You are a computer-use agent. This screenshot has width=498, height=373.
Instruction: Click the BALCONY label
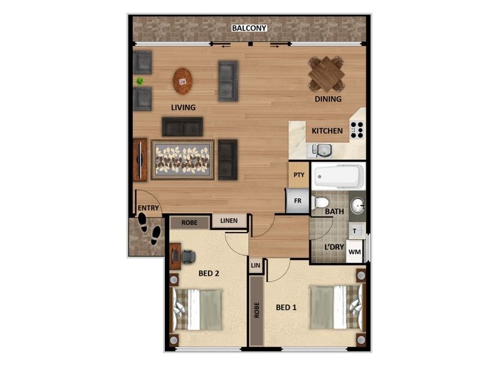pyautogui.click(x=249, y=28)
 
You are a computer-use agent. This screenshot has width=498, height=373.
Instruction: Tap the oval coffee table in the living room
pyautogui.click(x=182, y=81)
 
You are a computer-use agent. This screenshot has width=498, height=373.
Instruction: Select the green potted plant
pyautogui.click(x=140, y=81)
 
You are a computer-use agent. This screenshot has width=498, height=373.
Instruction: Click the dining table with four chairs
pyautogui.click(x=327, y=74)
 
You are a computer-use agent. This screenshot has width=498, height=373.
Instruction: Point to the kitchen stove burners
pyautogui.click(x=357, y=130)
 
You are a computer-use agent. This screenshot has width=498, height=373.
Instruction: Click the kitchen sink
pyautogui.click(x=322, y=150)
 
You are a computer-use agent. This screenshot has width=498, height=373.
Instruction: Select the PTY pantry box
pyautogui.click(x=299, y=175)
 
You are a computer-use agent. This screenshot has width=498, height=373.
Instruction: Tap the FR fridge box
pyautogui.click(x=298, y=201)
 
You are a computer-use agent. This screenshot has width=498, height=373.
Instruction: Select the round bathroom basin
pyautogui.click(x=357, y=205)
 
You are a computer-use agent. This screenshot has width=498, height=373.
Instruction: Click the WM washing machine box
pyautogui.click(x=354, y=252)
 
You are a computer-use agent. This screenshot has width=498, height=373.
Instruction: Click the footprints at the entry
pyautogui.click(x=149, y=228)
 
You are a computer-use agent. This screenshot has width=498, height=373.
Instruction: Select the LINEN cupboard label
pyautogui.click(x=228, y=221)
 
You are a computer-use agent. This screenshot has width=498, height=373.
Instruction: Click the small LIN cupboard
pyautogui.click(x=255, y=265)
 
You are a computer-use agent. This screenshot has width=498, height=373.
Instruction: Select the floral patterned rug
pyautogui.click(x=182, y=159)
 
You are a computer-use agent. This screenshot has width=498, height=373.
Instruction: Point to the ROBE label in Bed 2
pyautogui.click(x=189, y=222)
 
